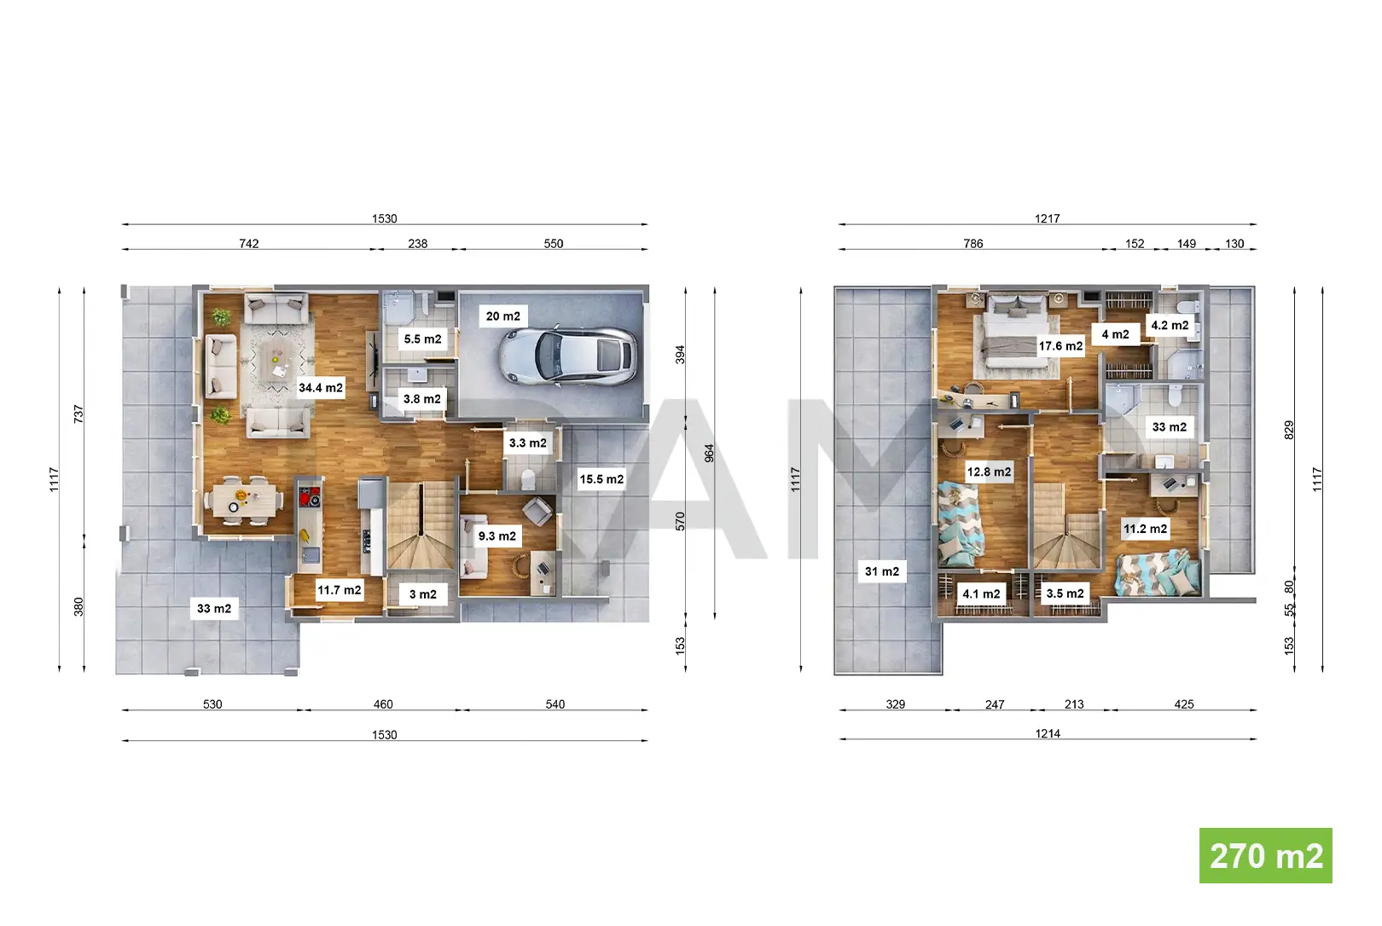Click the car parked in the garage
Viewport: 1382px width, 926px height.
click(x=567, y=356)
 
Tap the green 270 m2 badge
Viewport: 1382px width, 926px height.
click(x=1265, y=855)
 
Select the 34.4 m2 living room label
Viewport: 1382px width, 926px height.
click(x=320, y=388)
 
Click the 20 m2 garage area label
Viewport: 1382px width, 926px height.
click(x=502, y=316)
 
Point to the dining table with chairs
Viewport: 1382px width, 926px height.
click(x=244, y=500)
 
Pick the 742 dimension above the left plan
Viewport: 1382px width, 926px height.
click(x=248, y=244)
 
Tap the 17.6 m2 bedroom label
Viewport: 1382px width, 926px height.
click(x=1060, y=346)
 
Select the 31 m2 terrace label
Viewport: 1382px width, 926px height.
click(x=881, y=571)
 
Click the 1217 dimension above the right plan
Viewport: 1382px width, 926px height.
click(x=1047, y=218)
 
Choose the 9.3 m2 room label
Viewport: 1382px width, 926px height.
click(x=497, y=536)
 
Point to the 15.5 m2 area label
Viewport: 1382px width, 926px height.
click(x=601, y=479)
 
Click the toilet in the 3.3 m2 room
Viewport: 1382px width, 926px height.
click(x=528, y=479)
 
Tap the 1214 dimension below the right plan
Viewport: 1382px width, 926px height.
click(x=1048, y=733)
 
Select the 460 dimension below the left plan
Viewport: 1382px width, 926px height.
click(x=383, y=704)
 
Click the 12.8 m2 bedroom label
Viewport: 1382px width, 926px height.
click(x=989, y=472)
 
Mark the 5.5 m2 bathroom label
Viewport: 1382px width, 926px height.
click(x=422, y=339)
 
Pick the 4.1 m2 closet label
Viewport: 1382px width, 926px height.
click(x=981, y=593)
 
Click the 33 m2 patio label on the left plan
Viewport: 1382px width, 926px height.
click(x=214, y=609)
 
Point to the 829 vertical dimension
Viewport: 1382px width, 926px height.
click(x=1289, y=430)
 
